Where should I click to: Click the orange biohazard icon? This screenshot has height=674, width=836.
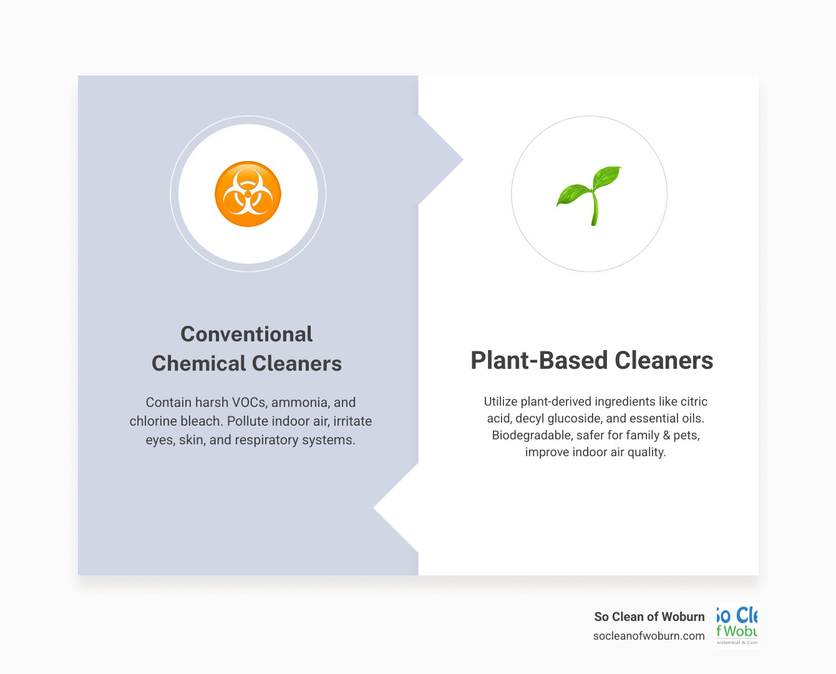pos(248,194)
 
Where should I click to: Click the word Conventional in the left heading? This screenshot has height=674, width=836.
pos(246,334)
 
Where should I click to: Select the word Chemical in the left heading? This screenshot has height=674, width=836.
pos(199,363)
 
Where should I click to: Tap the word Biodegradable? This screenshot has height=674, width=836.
pos(530,435)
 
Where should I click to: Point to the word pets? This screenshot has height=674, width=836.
pos(686,435)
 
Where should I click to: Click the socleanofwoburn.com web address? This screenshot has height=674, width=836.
pos(649,636)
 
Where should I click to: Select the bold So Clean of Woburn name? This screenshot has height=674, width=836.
pos(649,617)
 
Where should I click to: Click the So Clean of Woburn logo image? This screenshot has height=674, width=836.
pos(737,625)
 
